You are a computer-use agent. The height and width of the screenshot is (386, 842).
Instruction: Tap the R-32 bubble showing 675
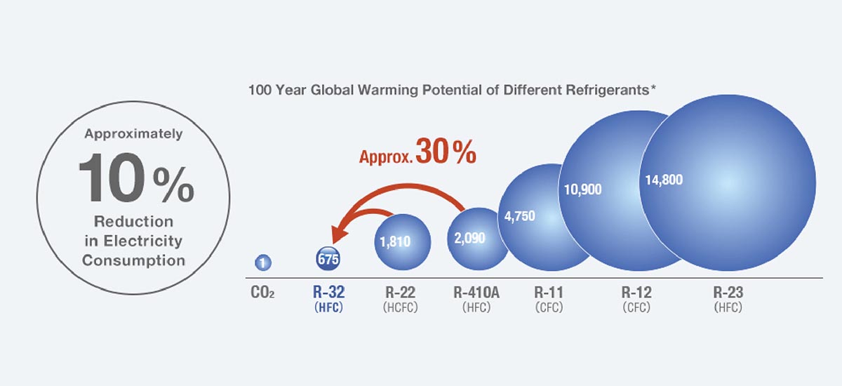[x=328, y=259]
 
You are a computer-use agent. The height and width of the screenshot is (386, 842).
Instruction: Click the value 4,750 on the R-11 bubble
[x=520, y=215]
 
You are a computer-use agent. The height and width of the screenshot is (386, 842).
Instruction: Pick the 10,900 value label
[x=582, y=189]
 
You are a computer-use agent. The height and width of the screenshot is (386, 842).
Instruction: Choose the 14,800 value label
[x=663, y=180]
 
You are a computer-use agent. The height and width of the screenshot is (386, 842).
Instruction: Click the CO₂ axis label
[x=262, y=292]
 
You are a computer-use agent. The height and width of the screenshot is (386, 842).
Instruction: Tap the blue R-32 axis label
[x=328, y=291]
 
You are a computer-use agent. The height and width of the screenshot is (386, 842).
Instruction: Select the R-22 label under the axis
[x=402, y=291]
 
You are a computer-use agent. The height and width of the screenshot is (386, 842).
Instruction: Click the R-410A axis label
[x=476, y=291]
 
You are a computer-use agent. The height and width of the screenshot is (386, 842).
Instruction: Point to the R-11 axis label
[x=548, y=291]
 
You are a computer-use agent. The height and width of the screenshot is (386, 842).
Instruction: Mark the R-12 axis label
[x=636, y=291]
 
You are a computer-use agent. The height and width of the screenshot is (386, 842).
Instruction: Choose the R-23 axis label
[x=728, y=291]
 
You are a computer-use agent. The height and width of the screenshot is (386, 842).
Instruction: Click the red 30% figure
[x=445, y=152]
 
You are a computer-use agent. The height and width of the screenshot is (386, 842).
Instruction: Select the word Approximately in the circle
[x=133, y=133]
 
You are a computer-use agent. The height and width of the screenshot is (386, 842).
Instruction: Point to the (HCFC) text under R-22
[x=402, y=307]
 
